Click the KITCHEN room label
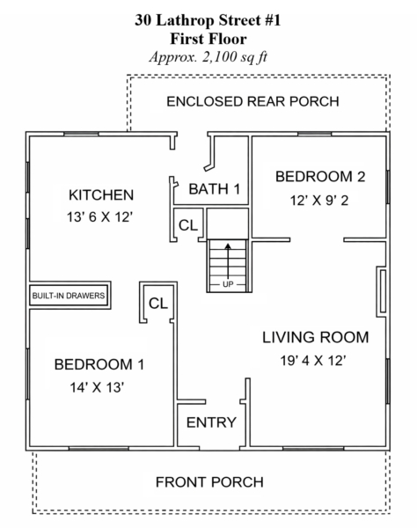click(x=101, y=195)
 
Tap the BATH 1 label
click(x=215, y=189)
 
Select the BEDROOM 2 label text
click(x=320, y=177)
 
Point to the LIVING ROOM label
click(x=315, y=337)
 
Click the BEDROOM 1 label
click(x=99, y=364)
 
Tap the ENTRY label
click(x=211, y=422)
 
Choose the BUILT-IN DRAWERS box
click(x=69, y=296)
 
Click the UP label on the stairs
click(x=228, y=284)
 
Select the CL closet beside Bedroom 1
click(x=157, y=304)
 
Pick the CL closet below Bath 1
click(x=187, y=225)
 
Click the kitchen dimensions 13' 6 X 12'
click(x=99, y=217)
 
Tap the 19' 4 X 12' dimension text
click(x=313, y=361)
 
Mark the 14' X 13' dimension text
click(x=97, y=387)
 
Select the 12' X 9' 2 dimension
click(x=319, y=201)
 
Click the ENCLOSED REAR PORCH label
click(x=252, y=102)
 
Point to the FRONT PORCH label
click(x=209, y=482)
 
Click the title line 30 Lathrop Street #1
click(x=208, y=20)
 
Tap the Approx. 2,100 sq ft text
click(x=208, y=57)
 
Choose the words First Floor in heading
click(x=208, y=39)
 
